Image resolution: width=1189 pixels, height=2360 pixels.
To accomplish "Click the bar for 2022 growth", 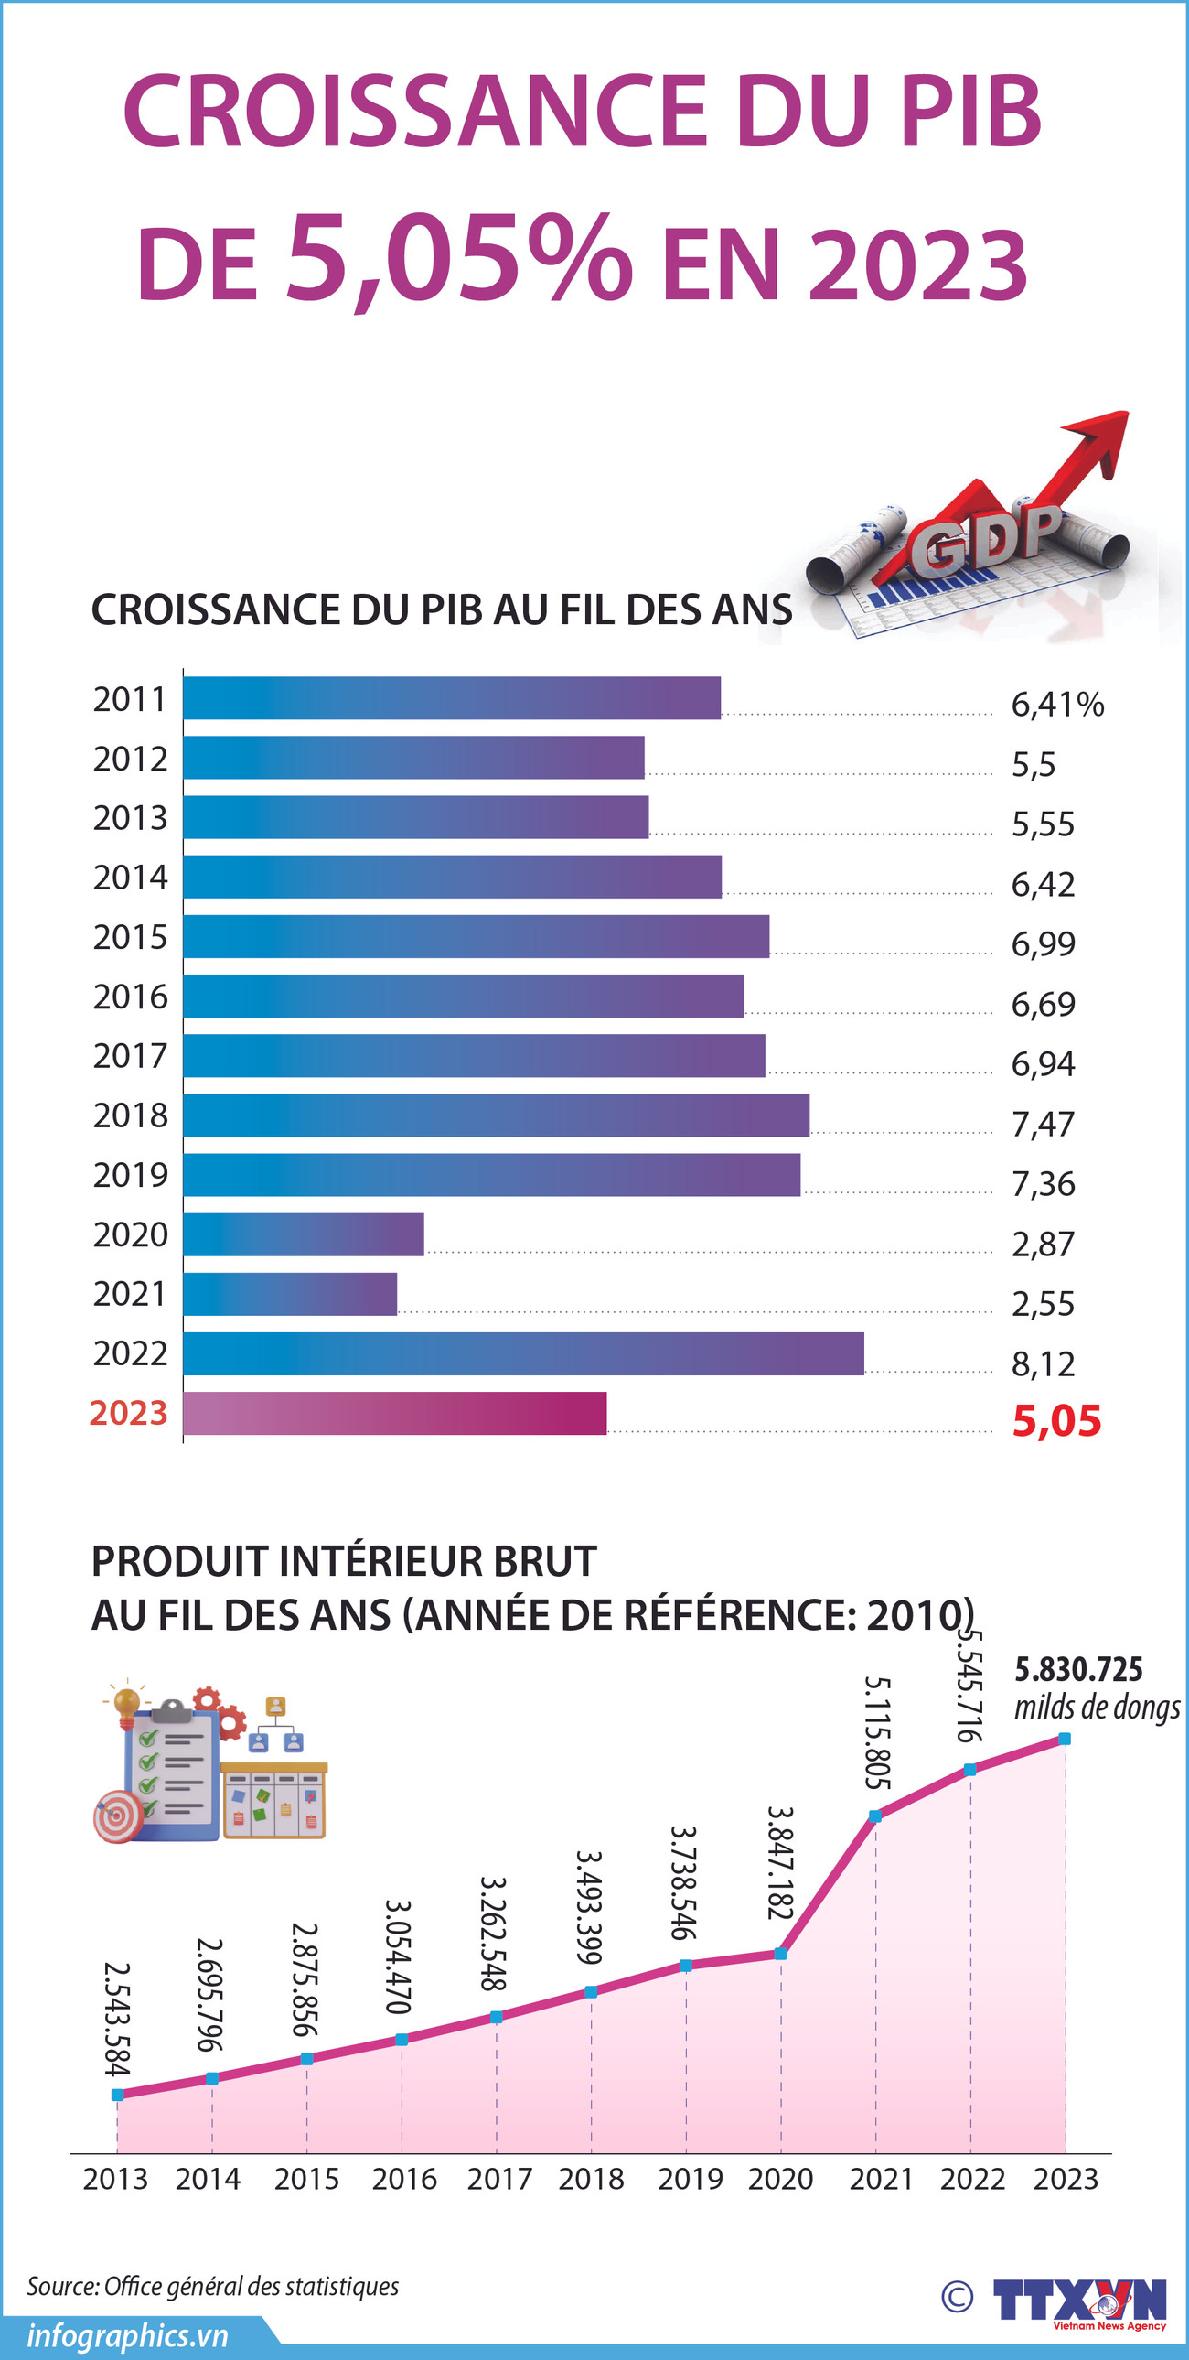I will click(523, 1353).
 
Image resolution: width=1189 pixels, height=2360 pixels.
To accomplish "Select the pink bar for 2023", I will click(395, 1413).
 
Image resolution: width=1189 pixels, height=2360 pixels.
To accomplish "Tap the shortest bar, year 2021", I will click(290, 1294).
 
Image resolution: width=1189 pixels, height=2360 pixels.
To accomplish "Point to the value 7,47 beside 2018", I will click(1043, 1123).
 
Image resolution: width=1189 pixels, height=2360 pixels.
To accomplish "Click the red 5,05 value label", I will click(1056, 1421).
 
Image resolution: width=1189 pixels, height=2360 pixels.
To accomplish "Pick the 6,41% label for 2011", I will click(1057, 704).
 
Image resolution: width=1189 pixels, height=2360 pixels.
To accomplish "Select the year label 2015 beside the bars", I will click(130, 936).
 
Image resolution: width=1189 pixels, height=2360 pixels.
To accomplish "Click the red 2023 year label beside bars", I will click(128, 1413).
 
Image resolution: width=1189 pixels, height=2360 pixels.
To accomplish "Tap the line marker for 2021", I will click(874, 1816).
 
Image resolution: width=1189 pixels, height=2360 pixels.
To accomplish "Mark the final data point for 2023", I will click(1065, 1738).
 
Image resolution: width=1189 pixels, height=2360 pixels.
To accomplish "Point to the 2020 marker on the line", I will click(780, 1953).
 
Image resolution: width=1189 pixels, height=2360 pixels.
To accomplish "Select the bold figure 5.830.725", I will click(1078, 1669).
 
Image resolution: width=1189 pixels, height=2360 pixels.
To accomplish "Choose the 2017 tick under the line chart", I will click(499, 2179).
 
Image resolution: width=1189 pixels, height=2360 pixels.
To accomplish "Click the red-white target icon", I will click(117, 1816).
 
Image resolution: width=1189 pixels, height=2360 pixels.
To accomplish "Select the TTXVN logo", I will click(1079, 2300).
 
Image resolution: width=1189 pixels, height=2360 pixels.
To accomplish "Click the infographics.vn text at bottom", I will click(127, 2335).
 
